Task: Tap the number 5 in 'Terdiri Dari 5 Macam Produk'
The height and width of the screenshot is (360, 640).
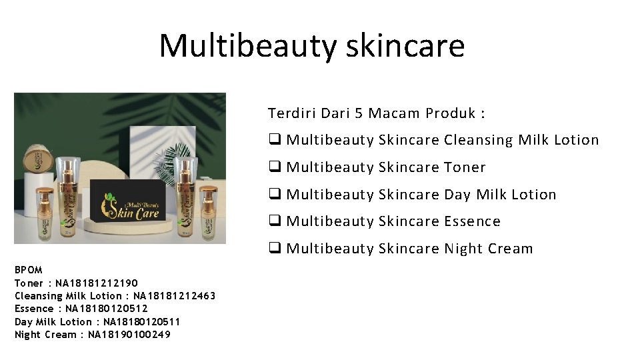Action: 358,113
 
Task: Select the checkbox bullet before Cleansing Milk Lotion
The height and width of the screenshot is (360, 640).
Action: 274,140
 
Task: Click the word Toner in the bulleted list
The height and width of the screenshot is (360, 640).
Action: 465,167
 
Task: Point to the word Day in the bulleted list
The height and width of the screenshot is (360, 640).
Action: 457,195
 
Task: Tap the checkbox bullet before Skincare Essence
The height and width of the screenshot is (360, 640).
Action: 274,221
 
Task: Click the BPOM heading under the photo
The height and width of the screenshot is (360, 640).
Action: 29,270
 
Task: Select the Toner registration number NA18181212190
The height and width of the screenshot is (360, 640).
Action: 98,283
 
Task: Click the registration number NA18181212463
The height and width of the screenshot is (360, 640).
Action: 175,295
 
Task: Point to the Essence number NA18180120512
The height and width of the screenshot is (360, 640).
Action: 107,309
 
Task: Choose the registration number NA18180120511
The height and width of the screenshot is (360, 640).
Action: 142,321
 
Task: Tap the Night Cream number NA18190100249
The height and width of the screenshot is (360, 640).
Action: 129,335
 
